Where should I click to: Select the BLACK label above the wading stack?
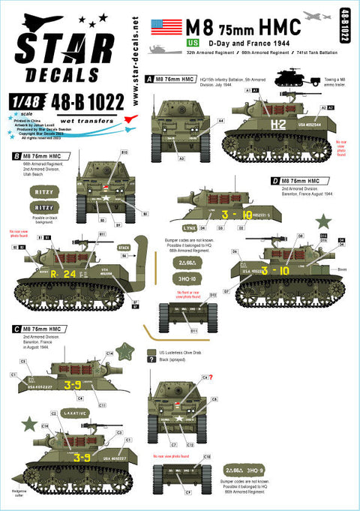coord(124,246)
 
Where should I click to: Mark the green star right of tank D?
coord(324,221)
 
